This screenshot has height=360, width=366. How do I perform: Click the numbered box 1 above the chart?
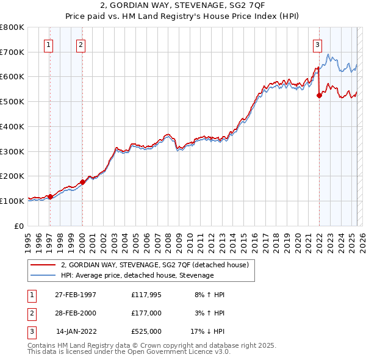coord(48,43)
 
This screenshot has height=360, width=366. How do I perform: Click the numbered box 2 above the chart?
coord(81,43)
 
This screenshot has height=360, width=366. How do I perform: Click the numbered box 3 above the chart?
coord(317,43)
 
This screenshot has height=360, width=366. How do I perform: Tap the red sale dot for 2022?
coord(319,95)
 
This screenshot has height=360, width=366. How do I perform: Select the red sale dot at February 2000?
coord(82,181)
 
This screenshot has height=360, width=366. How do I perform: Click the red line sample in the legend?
coord(42,265)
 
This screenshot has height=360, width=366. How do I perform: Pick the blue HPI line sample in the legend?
coord(42,276)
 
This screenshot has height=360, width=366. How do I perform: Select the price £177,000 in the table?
coord(146,313)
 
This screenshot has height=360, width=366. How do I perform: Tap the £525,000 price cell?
coord(146,331)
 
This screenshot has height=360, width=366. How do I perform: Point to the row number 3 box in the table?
coord(30,331)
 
